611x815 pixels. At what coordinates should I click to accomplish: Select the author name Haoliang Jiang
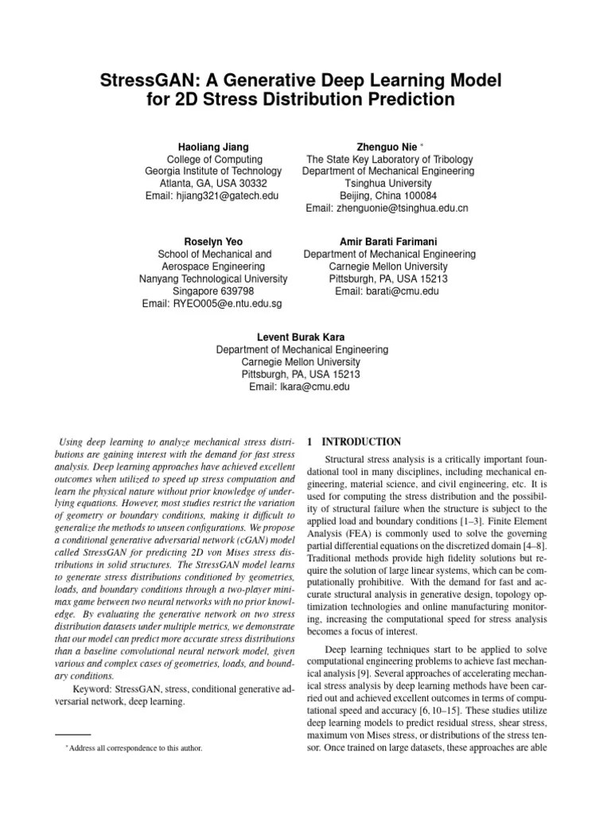coord(212,147)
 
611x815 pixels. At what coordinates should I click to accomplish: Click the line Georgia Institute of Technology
coord(212,171)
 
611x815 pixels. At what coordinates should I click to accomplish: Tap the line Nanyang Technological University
coord(212,279)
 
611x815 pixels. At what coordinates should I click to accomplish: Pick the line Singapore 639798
coord(212,291)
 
